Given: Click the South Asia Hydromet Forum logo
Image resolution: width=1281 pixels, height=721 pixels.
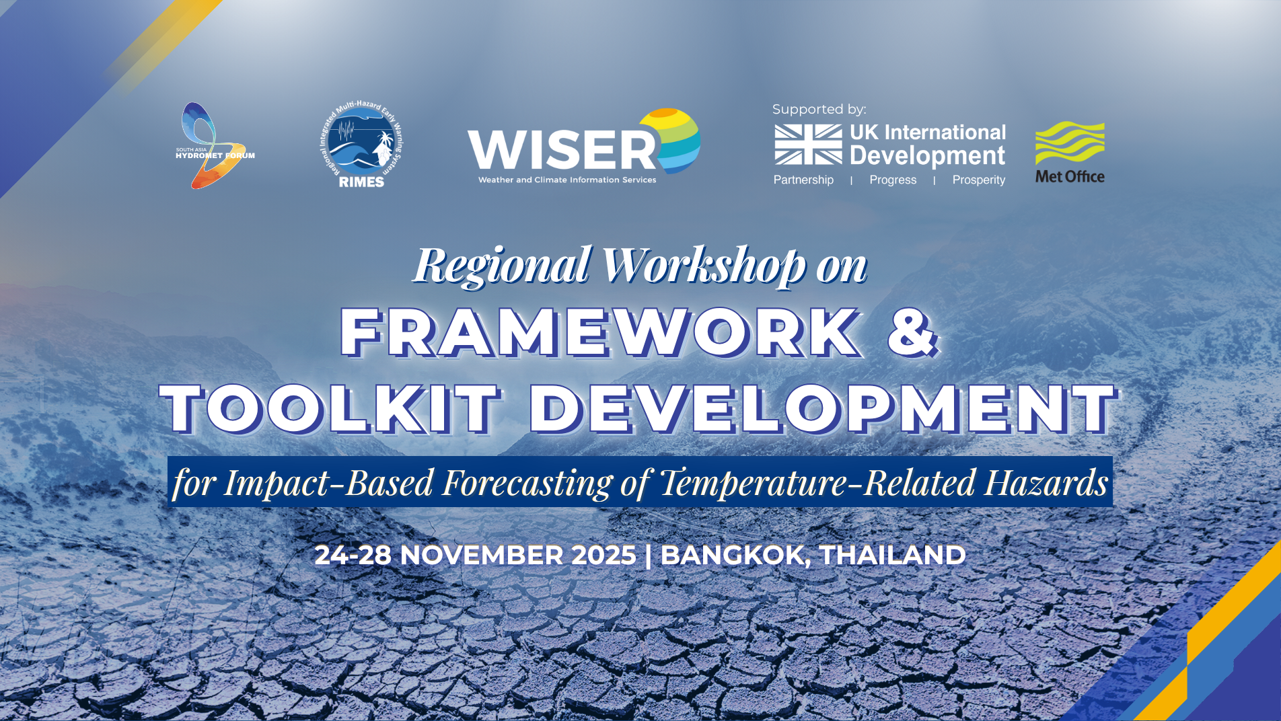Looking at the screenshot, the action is point(214,146).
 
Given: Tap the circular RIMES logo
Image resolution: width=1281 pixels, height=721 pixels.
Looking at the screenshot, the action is point(361,145).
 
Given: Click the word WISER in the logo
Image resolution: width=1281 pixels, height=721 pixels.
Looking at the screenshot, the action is point(562,149).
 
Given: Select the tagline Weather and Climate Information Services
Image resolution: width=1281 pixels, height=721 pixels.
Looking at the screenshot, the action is point(567,180).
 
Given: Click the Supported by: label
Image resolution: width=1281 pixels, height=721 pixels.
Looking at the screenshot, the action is point(819,109).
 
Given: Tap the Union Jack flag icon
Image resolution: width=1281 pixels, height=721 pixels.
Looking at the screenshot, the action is point(808,144).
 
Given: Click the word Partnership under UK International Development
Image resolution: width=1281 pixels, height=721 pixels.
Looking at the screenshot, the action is point(803,180).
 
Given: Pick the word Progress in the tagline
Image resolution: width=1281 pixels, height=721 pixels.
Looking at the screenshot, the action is point(893,180).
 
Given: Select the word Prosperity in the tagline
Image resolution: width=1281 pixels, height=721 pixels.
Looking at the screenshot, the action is point(978,180).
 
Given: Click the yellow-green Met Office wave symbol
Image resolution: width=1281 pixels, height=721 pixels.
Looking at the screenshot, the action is point(1070,143).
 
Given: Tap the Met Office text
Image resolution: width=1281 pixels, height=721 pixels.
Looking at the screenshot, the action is point(1070,176).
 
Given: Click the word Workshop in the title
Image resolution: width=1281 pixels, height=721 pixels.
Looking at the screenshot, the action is point(704,265).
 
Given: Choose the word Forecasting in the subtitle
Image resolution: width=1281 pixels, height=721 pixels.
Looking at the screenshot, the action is point(527,483).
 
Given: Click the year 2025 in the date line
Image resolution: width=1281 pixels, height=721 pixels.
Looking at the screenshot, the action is point(603,555).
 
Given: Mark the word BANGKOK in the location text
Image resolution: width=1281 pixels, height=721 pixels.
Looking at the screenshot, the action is point(735,556).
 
